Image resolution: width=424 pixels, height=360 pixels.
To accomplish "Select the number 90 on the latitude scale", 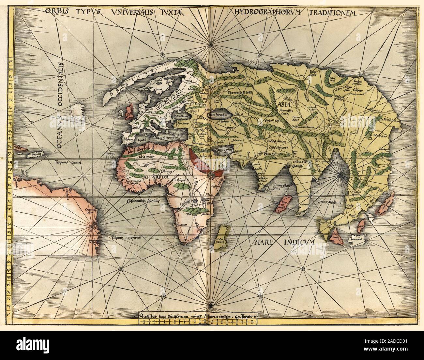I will pyautogui.click(x=10, y=61).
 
